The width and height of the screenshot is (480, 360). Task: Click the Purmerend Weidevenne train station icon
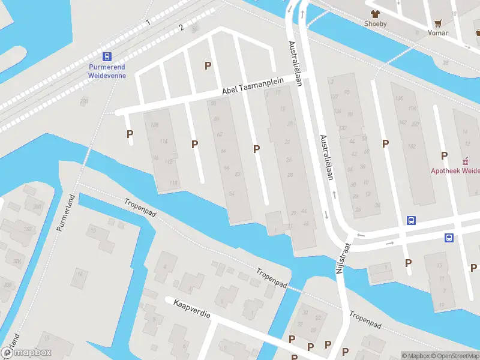pos(107,57)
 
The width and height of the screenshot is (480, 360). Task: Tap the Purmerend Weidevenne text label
pos(106,72)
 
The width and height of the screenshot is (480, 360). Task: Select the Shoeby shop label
pos(376,24)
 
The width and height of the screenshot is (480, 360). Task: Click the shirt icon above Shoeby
pos(376,13)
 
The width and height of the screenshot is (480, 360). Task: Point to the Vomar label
pos(438,33)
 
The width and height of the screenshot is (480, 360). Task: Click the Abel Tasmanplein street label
pos(252,88)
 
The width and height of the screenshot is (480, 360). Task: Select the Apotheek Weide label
pos(455,170)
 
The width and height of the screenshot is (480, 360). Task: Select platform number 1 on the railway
pos(147,22)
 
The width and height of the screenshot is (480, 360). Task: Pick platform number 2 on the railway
pos(181,28)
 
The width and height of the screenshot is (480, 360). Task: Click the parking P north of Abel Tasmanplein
pos(208,65)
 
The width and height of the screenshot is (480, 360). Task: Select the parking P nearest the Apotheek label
pos(444,155)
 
